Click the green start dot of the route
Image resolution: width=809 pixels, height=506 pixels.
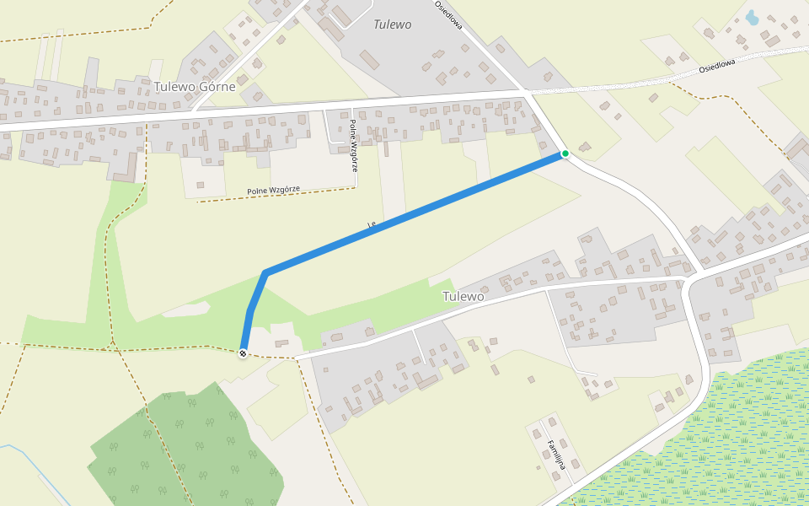click(x=565, y=153)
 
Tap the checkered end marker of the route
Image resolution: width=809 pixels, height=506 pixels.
click(x=243, y=353)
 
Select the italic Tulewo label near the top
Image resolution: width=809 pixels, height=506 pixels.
click(x=393, y=24)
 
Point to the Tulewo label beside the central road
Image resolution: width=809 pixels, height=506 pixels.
click(x=463, y=297)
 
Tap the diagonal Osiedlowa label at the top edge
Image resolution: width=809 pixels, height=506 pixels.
click(x=448, y=15)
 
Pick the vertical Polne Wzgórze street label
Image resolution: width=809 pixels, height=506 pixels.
click(x=354, y=144)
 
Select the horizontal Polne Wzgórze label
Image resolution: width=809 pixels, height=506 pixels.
click(x=273, y=191)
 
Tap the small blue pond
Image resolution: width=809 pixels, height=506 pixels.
click(x=752, y=17)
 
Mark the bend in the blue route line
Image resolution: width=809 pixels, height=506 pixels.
click(x=265, y=272)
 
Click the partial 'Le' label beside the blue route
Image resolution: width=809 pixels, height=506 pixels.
click(x=371, y=223)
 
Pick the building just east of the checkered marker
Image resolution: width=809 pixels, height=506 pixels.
click(x=281, y=344)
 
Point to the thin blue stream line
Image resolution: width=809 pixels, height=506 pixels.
click(x=34, y=472)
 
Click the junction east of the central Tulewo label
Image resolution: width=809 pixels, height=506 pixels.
click(x=689, y=277)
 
